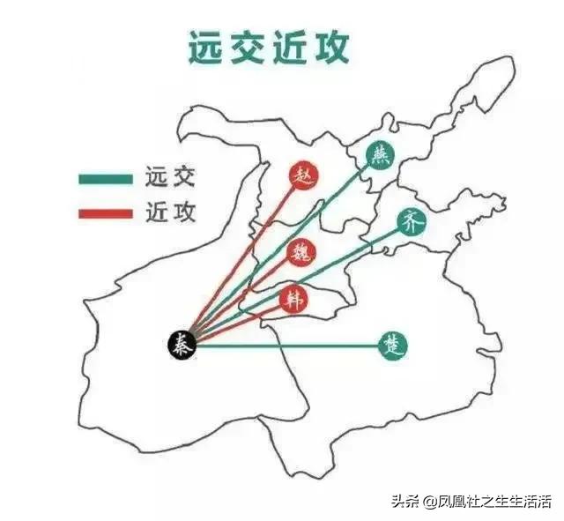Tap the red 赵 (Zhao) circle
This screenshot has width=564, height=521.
(305, 173)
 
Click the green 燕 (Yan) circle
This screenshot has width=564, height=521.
(380, 156)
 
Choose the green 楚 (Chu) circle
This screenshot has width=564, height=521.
(392, 344)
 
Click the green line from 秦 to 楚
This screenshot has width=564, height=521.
(291, 345)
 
